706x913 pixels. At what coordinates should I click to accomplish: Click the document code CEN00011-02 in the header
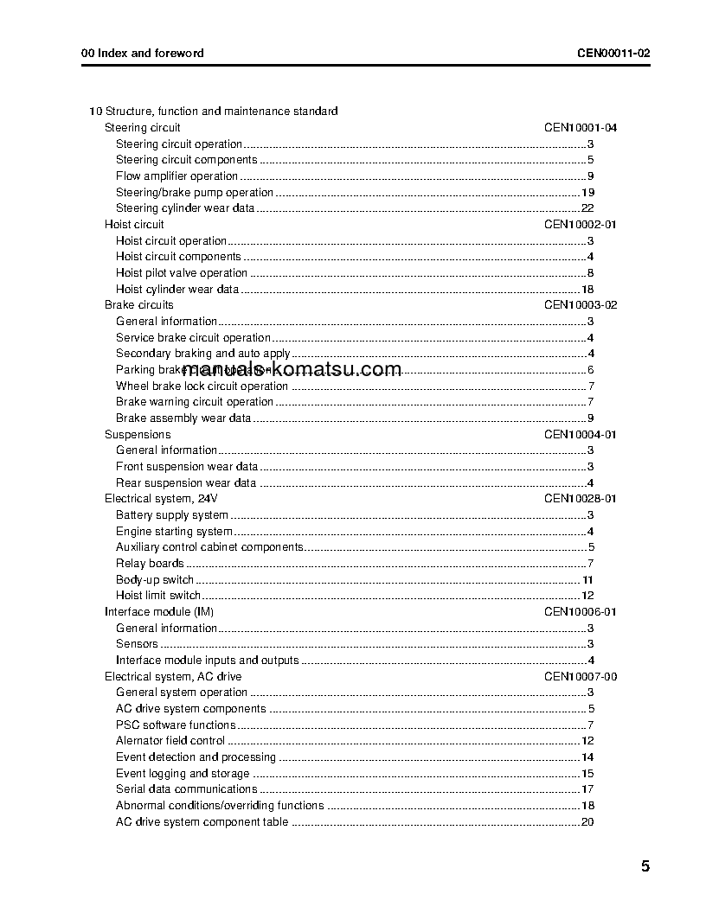613,53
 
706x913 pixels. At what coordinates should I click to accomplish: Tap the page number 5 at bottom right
645,867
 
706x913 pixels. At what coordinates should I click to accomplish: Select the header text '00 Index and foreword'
143,53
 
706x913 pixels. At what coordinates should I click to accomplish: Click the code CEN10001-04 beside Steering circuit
581,127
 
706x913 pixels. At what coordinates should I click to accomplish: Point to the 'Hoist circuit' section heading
134,224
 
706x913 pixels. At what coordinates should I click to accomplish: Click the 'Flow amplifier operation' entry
176,176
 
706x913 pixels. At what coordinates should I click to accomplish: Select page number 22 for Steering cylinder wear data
587,208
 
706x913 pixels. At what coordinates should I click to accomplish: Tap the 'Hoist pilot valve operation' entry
182,273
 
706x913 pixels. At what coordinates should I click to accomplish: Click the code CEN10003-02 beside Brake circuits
581,305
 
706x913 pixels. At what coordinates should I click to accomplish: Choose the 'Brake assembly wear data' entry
183,418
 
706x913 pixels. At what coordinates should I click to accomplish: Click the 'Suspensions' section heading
138,435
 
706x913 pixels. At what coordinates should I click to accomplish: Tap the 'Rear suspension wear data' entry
186,483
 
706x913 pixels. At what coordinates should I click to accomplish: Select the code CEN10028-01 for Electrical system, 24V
581,499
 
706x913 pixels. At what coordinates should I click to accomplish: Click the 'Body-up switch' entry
155,580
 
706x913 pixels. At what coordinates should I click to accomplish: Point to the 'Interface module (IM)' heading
159,612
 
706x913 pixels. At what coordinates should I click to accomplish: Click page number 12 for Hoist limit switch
587,596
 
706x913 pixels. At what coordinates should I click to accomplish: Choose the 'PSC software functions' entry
176,725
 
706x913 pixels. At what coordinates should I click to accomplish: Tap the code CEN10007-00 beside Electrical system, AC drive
581,677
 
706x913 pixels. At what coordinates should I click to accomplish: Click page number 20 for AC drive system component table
587,822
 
